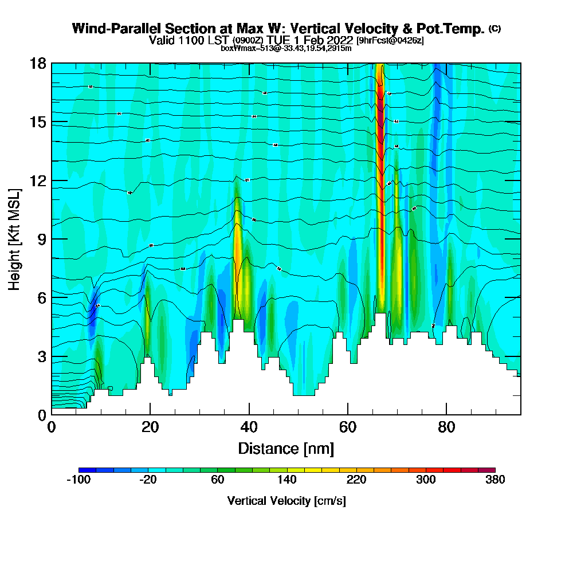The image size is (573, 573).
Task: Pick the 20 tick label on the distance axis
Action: tap(150, 427)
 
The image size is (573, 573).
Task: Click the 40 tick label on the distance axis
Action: tap(249, 427)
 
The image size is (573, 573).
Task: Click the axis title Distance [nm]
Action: tap(286, 448)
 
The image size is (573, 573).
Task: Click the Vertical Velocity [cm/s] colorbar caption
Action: tap(286, 501)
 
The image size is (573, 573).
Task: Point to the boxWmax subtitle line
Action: tap(286, 48)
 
